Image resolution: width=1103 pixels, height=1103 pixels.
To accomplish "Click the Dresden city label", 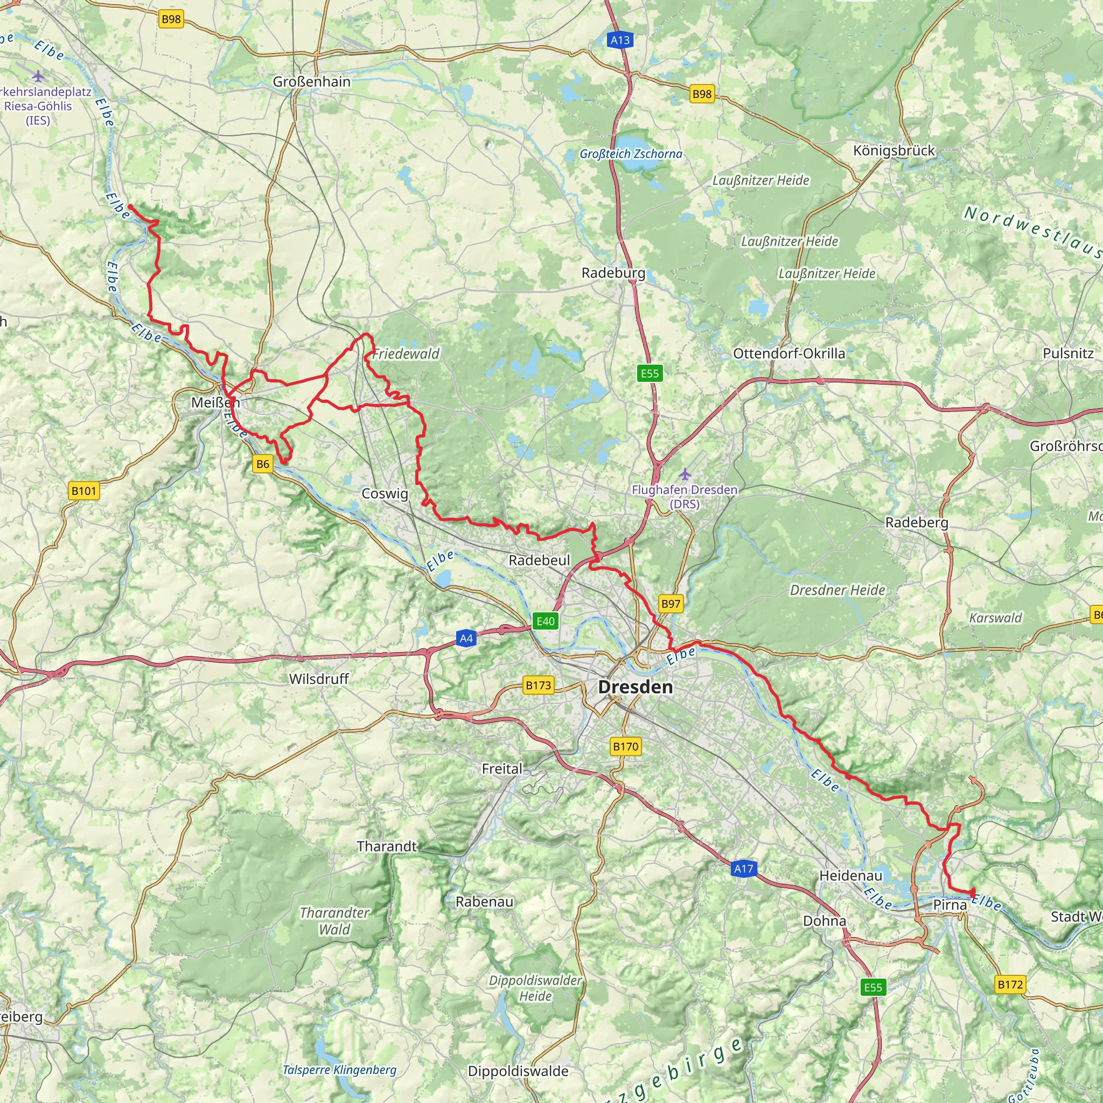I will pos(635,687).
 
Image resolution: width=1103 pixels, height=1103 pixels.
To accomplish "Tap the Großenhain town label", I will pos(312,82).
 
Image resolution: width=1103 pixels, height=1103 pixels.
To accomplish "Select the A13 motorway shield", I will pos(620,40).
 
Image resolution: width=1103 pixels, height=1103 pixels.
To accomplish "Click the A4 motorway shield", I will pos(466,638).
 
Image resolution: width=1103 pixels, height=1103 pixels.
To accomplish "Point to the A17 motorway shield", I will pos(743,869).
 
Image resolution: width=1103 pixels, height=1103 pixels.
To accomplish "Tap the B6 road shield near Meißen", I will pos(263,464).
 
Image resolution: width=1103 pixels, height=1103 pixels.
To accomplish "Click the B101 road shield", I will pos(84,491).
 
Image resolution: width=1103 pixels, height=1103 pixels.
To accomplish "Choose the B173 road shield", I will pos(539,685).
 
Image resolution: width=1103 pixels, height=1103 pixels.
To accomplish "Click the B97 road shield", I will pos(671,604).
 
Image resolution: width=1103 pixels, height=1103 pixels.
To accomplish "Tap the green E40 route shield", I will pos(545,621).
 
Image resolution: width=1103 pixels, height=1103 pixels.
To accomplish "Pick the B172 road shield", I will pos(1010,985).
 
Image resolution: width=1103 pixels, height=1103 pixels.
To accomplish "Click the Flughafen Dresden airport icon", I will pos(685,474).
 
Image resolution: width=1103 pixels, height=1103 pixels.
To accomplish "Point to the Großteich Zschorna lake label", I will pos(631,154).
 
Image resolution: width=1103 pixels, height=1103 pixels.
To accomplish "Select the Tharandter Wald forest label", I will pos(335,921).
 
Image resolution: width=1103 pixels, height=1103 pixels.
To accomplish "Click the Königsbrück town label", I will pos(894,151).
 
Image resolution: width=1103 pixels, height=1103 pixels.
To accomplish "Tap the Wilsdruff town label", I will pos(319,679).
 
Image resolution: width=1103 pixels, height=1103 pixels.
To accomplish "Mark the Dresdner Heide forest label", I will pos(837,590).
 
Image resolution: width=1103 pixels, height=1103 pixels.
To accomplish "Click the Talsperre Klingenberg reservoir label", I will pos(340,1070).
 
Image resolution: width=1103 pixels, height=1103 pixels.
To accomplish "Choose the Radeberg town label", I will pos(916,522).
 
